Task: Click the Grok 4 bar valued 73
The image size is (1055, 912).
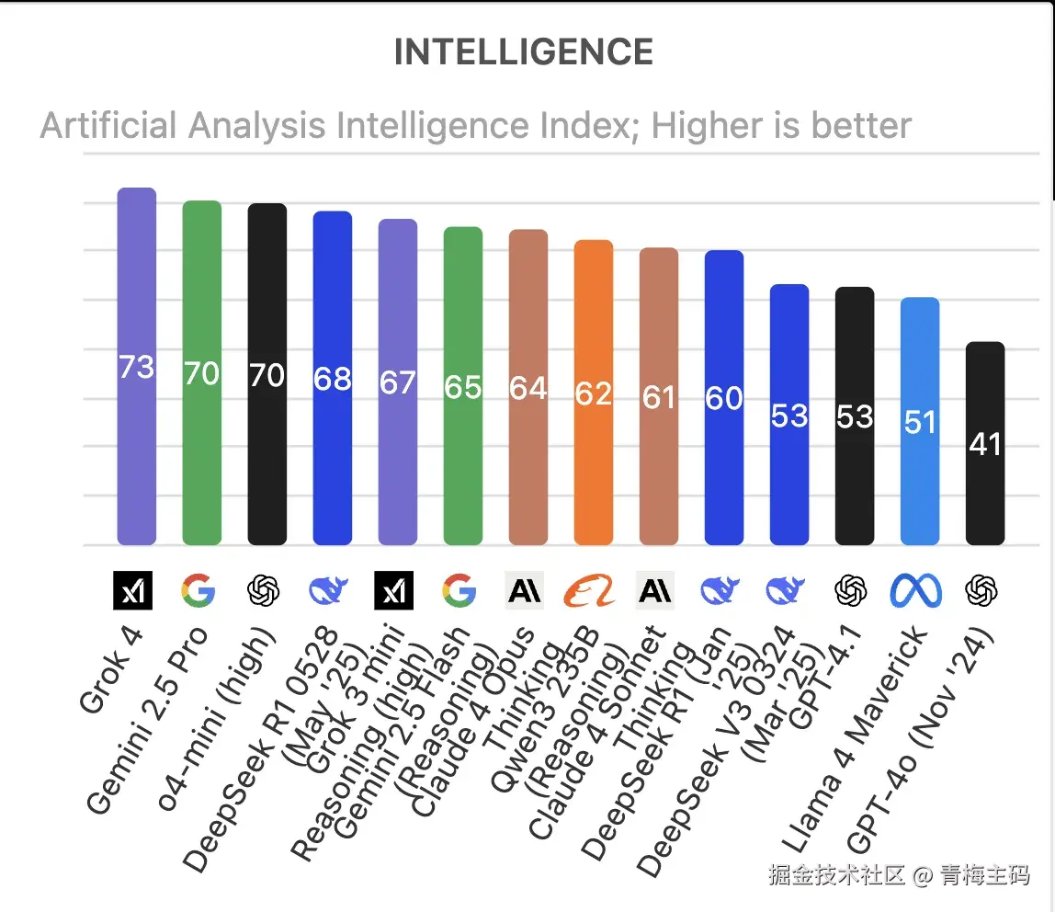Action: [x=137, y=276]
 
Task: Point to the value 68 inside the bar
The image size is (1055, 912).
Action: [x=333, y=378]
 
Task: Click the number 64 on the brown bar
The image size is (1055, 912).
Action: [x=528, y=388]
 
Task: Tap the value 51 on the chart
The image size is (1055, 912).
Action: [x=920, y=422]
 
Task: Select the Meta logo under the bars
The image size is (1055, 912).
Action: [x=916, y=590]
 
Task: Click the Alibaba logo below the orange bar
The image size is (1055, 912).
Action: [x=589, y=590]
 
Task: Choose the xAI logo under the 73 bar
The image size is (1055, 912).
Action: [x=132, y=590]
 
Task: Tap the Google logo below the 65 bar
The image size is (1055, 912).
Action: [x=459, y=590]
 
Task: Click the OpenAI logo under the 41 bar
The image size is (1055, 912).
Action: [x=981, y=590]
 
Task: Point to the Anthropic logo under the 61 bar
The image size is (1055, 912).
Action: [x=655, y=590]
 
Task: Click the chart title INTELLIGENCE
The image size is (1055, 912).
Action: [x=524, y=52]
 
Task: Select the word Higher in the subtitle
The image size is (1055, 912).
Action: [x=709, y=125]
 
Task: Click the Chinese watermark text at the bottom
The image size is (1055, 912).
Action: [x=899, y=874]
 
